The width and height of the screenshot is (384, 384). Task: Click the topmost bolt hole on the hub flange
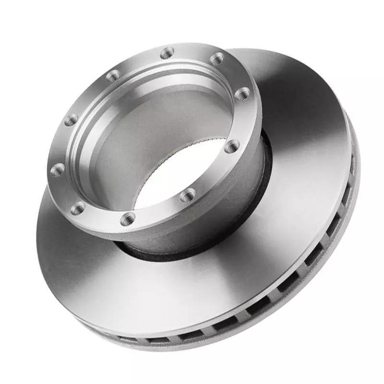[x=167, y=53]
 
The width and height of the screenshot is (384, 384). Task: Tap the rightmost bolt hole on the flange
[x=242, y=94]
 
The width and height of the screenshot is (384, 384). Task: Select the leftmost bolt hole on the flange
[x=57, y=169]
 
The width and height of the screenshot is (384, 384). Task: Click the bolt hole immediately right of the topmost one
[x=217, y=59]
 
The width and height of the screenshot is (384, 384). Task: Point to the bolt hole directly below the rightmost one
[x=232, y=146]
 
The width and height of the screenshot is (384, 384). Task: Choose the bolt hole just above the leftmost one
[x=71, y=120]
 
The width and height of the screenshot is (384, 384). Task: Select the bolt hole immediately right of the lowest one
[x=188, y=195]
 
